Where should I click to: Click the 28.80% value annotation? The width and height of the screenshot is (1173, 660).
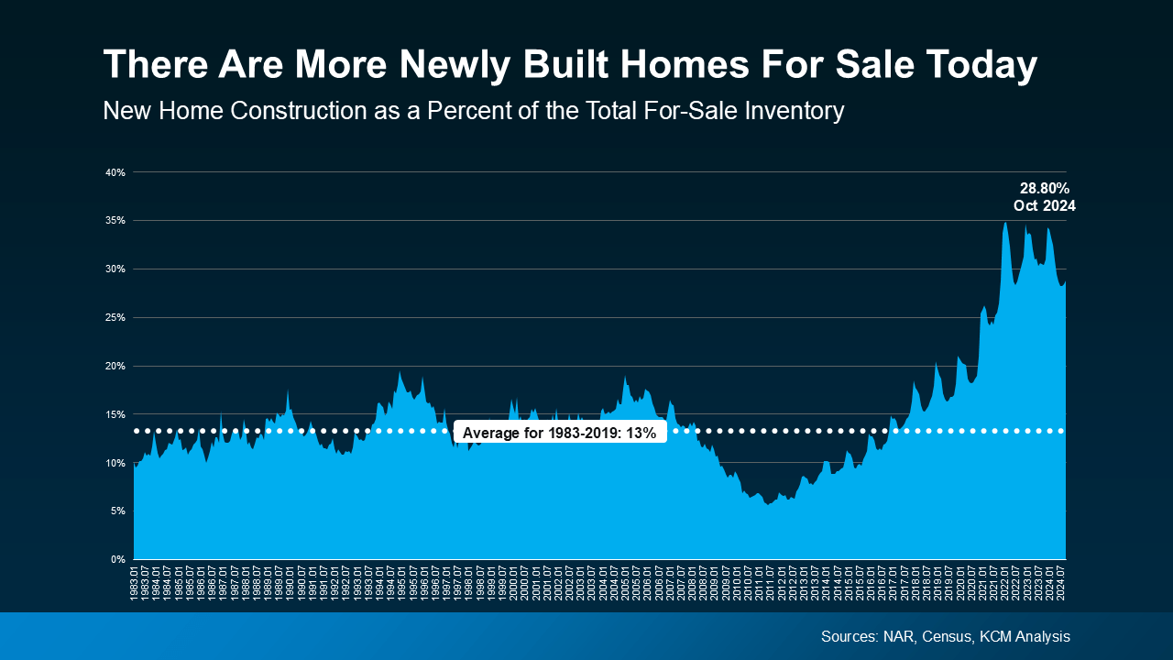click(1045, 188)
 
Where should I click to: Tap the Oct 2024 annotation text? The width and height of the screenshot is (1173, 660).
click(1045, 206)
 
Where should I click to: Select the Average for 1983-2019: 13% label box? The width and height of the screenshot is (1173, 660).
click(560, 434)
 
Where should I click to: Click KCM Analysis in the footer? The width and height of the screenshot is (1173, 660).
click(1025, 636)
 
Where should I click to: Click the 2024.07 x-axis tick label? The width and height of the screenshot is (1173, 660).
click(1060, 584)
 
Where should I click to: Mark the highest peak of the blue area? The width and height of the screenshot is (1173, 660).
click(1005, 223)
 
